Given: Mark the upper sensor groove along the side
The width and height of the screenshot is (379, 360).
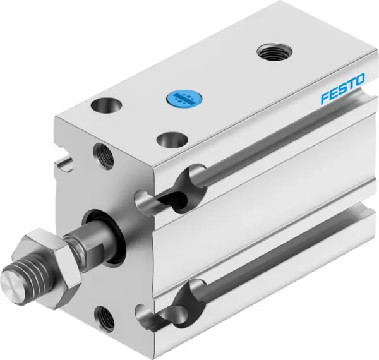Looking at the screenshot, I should [x=272, y=152].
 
